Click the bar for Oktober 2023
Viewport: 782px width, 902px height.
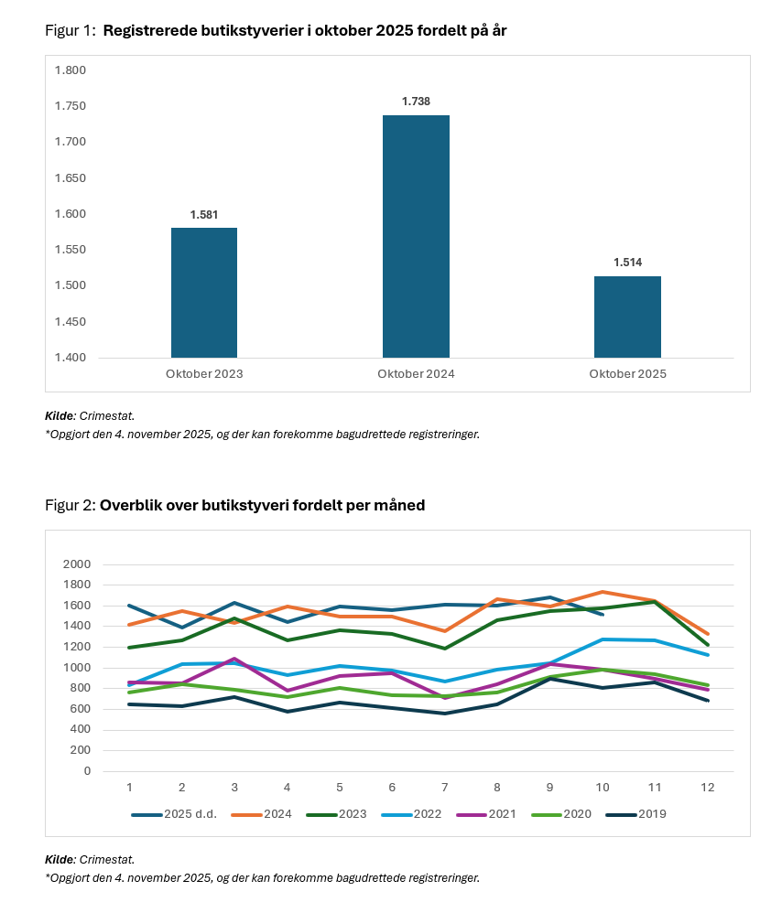coord(204,293)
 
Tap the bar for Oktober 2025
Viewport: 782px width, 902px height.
coord(627,317)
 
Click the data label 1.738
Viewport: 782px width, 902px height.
coord(416,102)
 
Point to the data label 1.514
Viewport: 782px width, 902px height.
coord(627,263)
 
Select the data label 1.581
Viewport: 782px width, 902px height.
coord(204,214)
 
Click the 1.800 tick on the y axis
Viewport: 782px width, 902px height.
coord(71,70)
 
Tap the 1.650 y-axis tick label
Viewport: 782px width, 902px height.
coord(71,177)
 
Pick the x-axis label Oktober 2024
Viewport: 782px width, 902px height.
coord(416,374)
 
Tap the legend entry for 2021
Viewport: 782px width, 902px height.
coord(502,814)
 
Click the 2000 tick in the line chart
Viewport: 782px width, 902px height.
coord(76,564)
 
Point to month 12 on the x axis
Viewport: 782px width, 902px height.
coord(707,787)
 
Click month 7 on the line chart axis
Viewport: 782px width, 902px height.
coord(445,787)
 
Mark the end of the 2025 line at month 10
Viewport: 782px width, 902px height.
coord(602,614)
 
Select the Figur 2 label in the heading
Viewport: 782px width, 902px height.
coord(69,505)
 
